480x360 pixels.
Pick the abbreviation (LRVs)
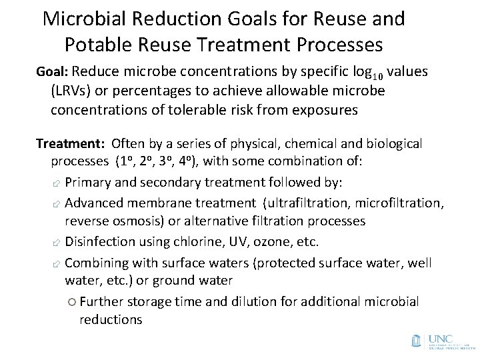[69, 91]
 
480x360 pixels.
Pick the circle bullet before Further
[72, 302]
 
